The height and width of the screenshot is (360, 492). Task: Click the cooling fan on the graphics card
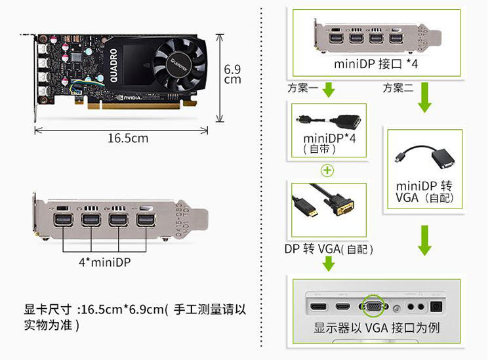coord(180,64)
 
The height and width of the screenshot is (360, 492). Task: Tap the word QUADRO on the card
coord(113,66)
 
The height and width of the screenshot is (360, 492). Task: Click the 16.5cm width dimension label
coord(128,138)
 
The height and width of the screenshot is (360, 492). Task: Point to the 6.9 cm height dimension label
coord(232,74)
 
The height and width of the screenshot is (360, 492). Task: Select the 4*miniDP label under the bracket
coord(104,262)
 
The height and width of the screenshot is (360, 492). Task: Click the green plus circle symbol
coord(327,170)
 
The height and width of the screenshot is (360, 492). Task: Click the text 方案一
coord(303,88)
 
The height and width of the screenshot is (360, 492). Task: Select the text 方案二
coord(398,88)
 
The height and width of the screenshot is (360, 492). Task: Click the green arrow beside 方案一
coord(329,90)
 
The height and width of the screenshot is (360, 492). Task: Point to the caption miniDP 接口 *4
coord(376,64)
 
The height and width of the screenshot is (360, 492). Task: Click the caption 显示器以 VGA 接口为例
coord(377,328)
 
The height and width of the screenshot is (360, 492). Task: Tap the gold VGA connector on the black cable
coord(344,206)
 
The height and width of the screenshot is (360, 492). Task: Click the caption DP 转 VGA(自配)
coord(329,249)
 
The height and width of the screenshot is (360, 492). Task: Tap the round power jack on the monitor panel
coord(436,306)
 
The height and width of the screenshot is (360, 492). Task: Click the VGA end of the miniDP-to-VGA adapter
coord(443,159)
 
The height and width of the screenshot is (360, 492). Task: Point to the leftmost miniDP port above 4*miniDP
coord(64,220)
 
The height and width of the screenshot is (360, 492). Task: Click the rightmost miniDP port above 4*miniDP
coord(146,220)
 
